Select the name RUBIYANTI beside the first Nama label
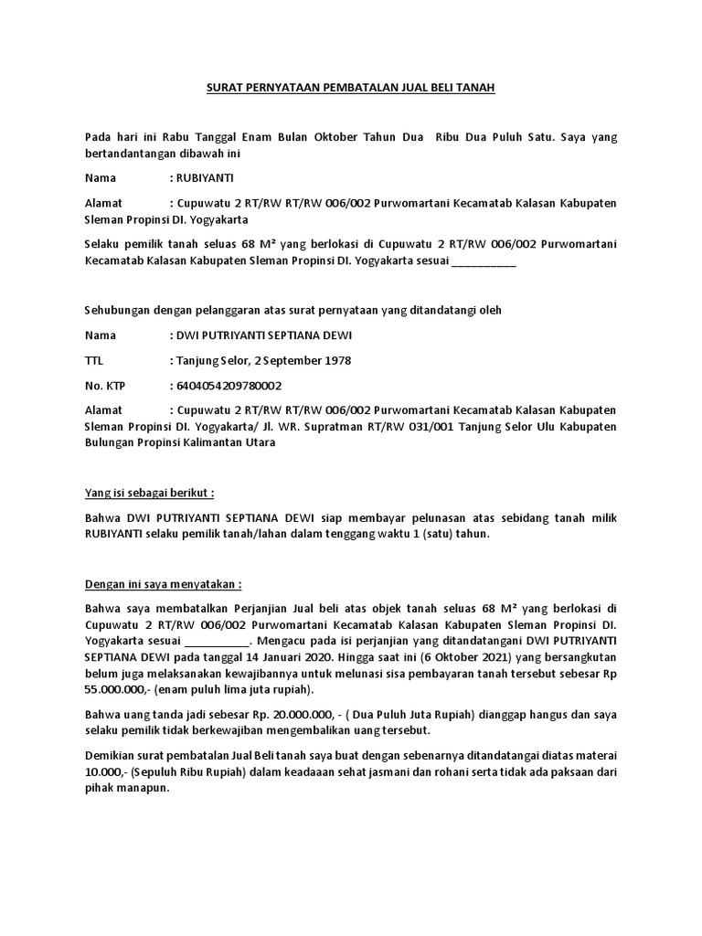tap(209, 177)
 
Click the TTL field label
tap(95, 360)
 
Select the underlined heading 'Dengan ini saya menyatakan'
tap(163, 583)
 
